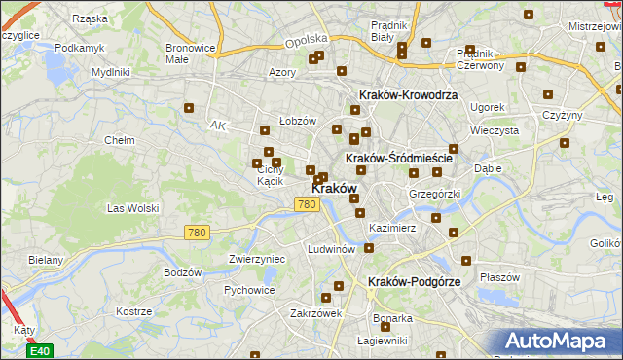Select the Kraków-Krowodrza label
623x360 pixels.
point(408,95)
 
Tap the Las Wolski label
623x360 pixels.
point(132,208)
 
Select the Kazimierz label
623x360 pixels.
point(392,228)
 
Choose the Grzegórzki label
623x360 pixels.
point(433,194)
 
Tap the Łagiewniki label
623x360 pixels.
point(381,340)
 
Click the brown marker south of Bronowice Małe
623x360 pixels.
point(189,108)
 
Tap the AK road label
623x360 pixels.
point(217,126)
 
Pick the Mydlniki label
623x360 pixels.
point(110,72)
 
